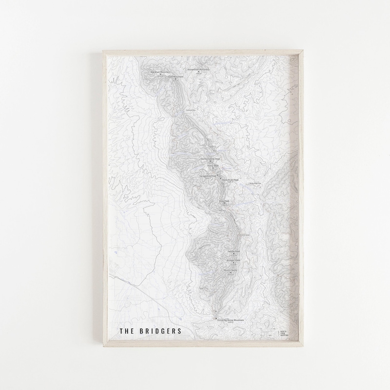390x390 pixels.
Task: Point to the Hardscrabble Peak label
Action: click(x=211, y=159)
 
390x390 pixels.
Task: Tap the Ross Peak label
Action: click(x=224, y=201)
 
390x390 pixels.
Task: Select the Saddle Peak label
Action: click(x=234, y=251)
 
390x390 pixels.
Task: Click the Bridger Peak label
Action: click(x=234, y=261)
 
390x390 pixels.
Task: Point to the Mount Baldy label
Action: click(x=231, y=270)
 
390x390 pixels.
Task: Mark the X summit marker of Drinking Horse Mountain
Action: click(x=216, y=318)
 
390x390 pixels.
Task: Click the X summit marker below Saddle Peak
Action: click(x=234, y=254)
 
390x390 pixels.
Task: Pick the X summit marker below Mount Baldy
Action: click(x=231, y=273)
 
